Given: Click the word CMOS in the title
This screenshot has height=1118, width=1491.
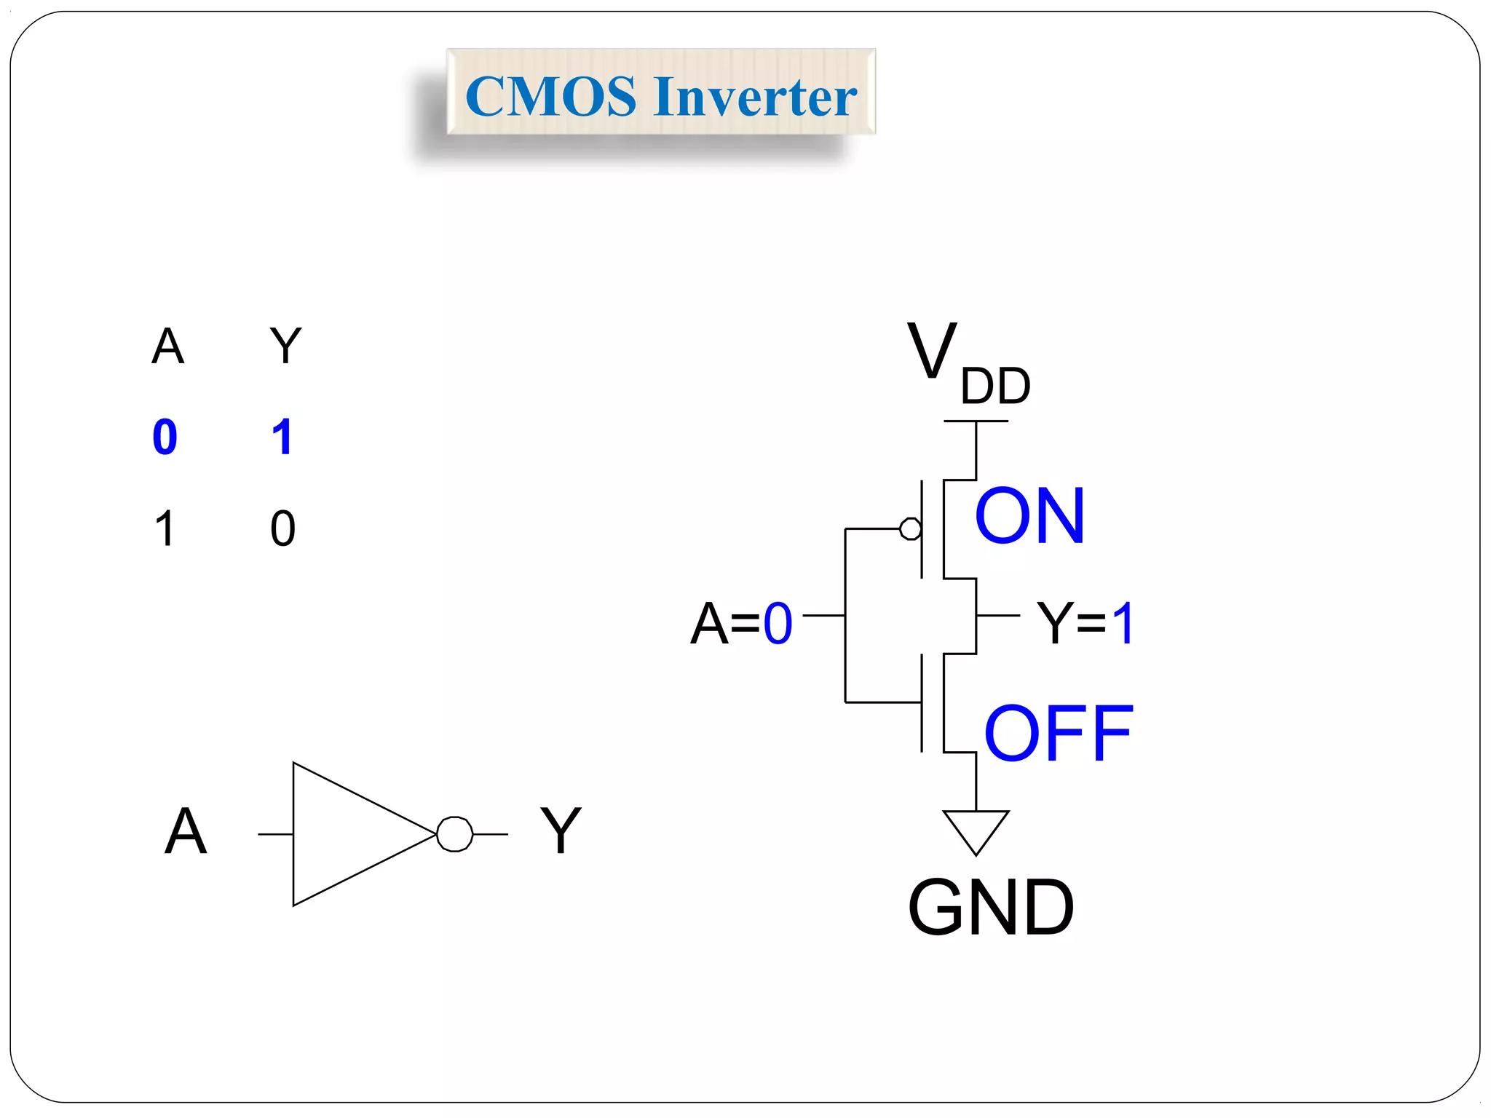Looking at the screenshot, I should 550,97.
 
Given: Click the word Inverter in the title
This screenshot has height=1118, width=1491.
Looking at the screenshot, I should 755,97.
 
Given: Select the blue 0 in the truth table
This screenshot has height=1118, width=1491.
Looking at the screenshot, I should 165,437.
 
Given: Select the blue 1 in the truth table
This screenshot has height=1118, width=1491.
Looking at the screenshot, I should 282,437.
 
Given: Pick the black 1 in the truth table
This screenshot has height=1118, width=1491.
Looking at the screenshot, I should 165,528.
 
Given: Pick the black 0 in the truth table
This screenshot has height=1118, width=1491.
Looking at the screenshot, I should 283,528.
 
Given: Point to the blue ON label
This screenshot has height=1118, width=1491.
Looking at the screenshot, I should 1029,516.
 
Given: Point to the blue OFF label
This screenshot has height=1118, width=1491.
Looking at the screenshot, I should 1058,734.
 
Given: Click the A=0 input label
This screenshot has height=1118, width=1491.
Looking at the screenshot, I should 741,624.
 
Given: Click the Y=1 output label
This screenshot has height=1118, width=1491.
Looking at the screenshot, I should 1085,624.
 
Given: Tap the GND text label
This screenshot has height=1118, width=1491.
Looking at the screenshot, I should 991,907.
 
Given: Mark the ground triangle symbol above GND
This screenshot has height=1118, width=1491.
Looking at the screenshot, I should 976,828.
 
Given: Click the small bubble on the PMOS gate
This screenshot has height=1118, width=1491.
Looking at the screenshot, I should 910,528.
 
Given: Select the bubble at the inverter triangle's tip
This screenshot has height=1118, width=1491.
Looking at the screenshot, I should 455,834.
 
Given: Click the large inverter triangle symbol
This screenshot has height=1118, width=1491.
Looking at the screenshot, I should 349,834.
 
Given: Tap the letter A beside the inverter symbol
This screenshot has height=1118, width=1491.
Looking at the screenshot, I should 186,831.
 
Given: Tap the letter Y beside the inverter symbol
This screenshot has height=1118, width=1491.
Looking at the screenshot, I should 561,831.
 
